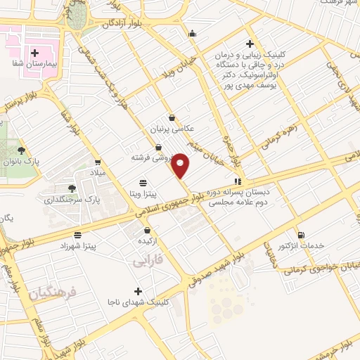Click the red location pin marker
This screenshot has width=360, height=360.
click(181, 165)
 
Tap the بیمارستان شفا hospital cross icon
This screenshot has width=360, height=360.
click(34, 53)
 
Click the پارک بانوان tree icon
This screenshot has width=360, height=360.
click(22, 150)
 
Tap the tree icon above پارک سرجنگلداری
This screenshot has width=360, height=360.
click(72, 188)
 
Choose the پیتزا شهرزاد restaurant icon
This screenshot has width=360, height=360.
click(77, 234)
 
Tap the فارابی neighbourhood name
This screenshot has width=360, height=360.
click(147, 262)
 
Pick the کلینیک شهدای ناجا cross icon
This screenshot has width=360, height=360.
click(138, 291)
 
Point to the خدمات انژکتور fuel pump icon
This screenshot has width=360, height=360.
click(302, 235)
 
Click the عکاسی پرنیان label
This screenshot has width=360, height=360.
click(172, 130)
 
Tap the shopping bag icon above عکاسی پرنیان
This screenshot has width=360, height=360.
click(172, 118)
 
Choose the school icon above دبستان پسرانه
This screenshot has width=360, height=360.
click(238, 179)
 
